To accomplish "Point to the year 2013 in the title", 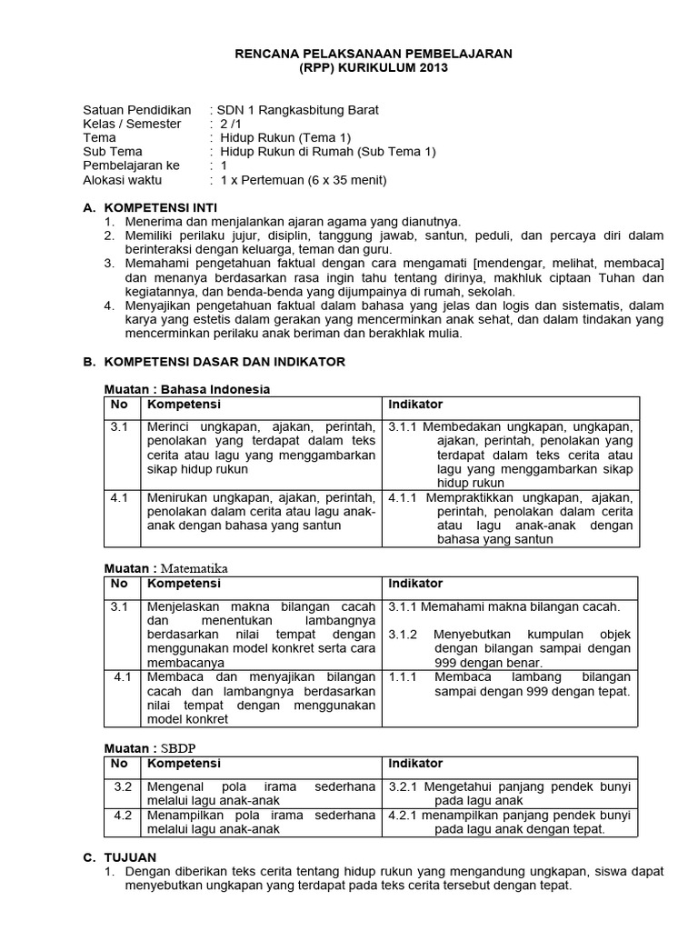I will pos(431,69).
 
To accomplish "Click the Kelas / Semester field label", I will pos(132,124).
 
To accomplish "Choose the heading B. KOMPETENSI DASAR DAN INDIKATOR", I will pos(214,362).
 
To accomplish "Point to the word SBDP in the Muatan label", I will pos(180,748).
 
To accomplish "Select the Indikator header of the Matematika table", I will pos(415,584).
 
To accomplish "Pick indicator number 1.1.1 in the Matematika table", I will pos(403,677).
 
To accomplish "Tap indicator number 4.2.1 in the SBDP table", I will pos(402,816).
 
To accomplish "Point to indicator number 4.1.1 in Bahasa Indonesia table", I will pos(402,498).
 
